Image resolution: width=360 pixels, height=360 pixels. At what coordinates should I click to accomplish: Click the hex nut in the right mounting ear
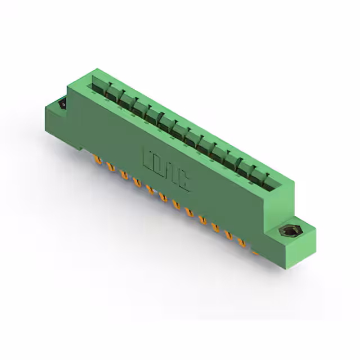[290, 231]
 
